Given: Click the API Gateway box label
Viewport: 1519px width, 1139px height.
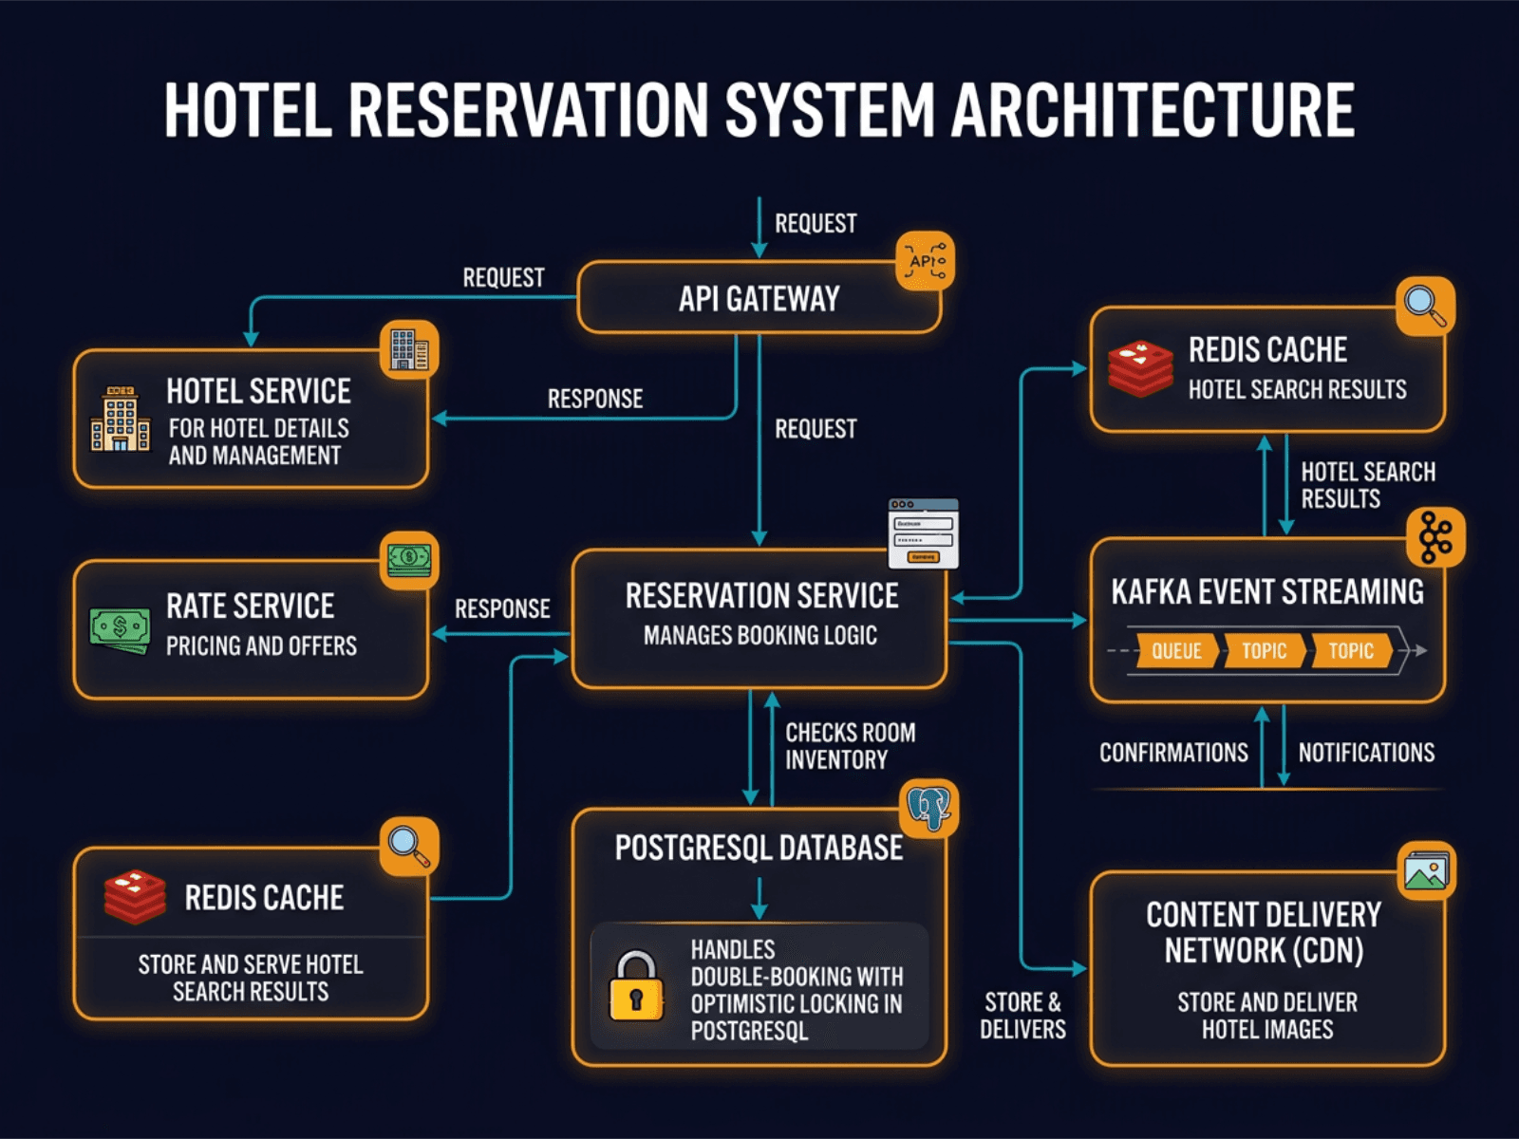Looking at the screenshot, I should (x=759, y=299).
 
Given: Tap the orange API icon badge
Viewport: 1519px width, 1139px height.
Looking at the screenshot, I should (x=925, y=261).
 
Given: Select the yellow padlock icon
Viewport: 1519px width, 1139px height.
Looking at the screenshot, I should (x=635, y=987).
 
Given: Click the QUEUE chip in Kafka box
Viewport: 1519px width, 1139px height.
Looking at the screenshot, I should (x=1175, y=651).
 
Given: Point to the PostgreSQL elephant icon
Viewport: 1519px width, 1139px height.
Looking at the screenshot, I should (x=928, y=809).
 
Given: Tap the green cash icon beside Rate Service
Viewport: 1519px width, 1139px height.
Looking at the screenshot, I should (x=120, y=628).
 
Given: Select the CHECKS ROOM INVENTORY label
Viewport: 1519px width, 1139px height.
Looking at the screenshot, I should (x=849, y=746).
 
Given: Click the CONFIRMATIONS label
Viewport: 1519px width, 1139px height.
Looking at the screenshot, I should (x=1173, y=753).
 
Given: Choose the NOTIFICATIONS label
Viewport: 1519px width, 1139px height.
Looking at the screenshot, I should (x=1366, y=753).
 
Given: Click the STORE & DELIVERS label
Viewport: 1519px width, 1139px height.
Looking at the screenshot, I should (x=1022, y=1016).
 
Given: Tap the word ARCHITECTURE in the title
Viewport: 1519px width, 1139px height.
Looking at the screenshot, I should (x=1153, y=110).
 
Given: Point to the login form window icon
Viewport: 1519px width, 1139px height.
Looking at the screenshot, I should (x=923, y=533).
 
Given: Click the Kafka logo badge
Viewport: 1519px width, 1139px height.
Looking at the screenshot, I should (x=1435, y=538).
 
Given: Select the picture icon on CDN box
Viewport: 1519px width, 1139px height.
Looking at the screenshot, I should (x=1426, y=870).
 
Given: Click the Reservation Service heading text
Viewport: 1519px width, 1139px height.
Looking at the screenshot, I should (x=761, y=596).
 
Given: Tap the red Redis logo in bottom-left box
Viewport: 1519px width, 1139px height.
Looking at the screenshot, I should (x=135, y=897).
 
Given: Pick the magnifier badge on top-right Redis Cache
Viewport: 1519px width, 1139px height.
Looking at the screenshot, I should (x=1425, y=306).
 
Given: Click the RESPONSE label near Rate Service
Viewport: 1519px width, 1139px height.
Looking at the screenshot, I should (x=502, y=608).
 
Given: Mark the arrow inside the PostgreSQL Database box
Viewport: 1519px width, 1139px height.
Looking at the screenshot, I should (x=759, y=898).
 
